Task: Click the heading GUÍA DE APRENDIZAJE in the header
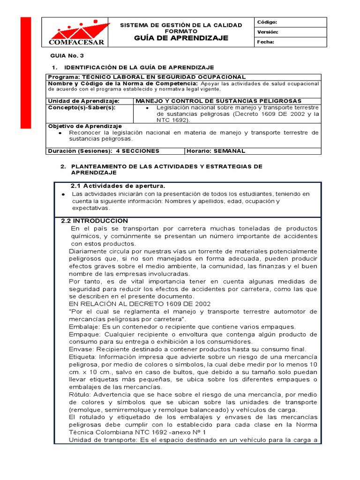click(x=181, y=38)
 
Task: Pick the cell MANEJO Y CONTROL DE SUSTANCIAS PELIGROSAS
click(x=218, y=101)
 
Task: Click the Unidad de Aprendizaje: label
click(x=84, y=101)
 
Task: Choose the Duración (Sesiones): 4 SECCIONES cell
click(x=104, y=151)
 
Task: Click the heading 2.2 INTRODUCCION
click(x=95, y=221)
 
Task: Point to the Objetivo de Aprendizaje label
click(x=85, y=126)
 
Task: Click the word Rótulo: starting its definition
click(x=80, y=395)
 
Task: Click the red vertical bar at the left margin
click(x=25, y=73)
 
